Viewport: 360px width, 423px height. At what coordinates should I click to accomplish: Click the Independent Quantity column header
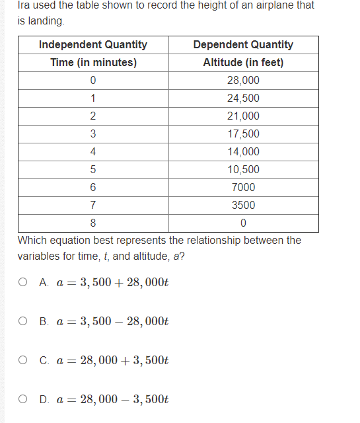93,45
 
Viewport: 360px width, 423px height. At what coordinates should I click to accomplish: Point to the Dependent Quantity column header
243,45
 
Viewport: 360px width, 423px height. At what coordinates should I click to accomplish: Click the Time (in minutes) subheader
93,63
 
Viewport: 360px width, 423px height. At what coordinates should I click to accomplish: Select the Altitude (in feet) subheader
243,63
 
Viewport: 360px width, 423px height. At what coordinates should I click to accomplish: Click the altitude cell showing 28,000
243,81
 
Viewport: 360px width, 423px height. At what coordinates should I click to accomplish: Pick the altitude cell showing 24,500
243,98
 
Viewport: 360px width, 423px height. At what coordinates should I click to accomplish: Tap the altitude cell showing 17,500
243,134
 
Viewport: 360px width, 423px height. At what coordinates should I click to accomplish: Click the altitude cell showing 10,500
243,170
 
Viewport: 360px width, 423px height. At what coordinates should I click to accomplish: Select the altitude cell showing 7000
243,188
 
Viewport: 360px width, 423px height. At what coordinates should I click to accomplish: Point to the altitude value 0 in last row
243,223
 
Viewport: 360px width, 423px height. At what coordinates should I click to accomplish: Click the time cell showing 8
93,223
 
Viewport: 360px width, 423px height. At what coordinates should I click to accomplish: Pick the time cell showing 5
93,170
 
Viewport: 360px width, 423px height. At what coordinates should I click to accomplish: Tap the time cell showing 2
93,116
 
